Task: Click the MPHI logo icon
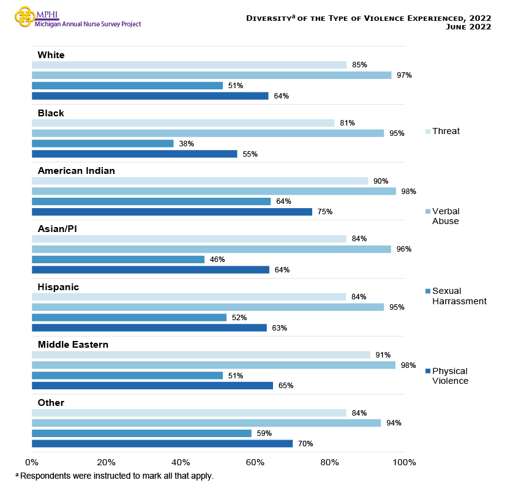point(25,17)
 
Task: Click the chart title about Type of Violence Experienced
point(368,22)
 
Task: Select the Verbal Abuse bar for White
point(211,75)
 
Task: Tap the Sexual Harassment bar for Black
point(102,144)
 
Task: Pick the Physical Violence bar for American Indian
point(171,212)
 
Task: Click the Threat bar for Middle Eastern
point(201,355)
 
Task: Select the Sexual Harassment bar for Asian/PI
point(118,260)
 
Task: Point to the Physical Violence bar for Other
point(162,444)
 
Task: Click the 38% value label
point(187,144)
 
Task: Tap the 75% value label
point(325,212)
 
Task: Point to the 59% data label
point(264,433)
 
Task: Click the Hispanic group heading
point(58,286)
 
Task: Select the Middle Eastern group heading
point(73,345)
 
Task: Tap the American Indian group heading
point(76,171)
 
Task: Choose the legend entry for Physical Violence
point(449,376)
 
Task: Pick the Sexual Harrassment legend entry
point(459,296)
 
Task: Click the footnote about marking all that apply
point(114,476)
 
